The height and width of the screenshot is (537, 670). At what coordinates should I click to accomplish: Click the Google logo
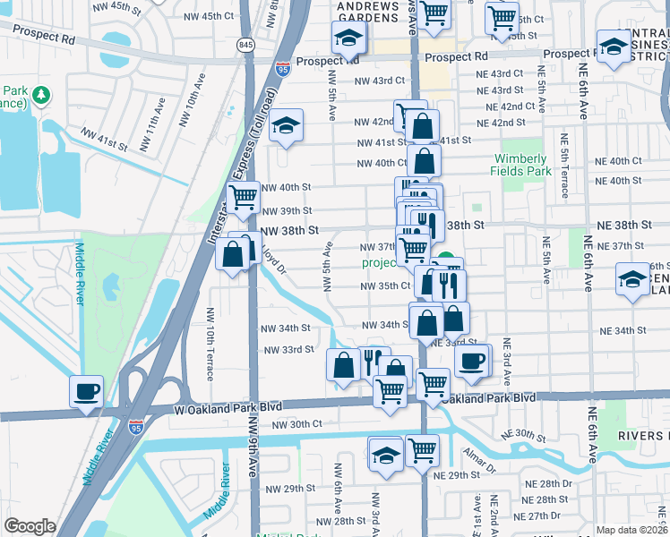[30, 526]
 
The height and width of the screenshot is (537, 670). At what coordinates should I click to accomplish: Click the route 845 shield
[246, 44]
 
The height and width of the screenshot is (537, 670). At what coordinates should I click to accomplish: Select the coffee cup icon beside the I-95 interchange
[86, 391]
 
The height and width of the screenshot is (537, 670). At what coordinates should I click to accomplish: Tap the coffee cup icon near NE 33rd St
[471, 361]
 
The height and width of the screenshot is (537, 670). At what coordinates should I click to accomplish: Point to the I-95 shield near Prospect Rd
[283, 68]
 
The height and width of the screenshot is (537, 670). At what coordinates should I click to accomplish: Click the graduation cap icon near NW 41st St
[287, 126]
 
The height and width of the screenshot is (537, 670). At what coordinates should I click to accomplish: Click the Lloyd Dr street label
[273, 261]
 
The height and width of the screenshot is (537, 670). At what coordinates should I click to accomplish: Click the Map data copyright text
[631, 530]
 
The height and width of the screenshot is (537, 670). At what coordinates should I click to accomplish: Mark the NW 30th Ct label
[296, 423]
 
